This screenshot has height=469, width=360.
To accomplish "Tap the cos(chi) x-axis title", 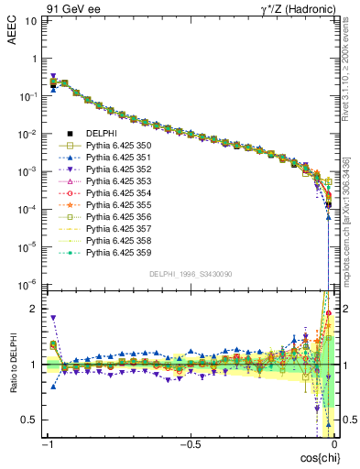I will [315, 456].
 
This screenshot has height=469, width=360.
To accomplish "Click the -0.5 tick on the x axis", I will [190, 443].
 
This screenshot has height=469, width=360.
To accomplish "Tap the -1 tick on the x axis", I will [47, 443].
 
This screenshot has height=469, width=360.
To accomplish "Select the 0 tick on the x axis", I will [334, 443].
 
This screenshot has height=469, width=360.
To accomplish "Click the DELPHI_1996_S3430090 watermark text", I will [190, 273].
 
